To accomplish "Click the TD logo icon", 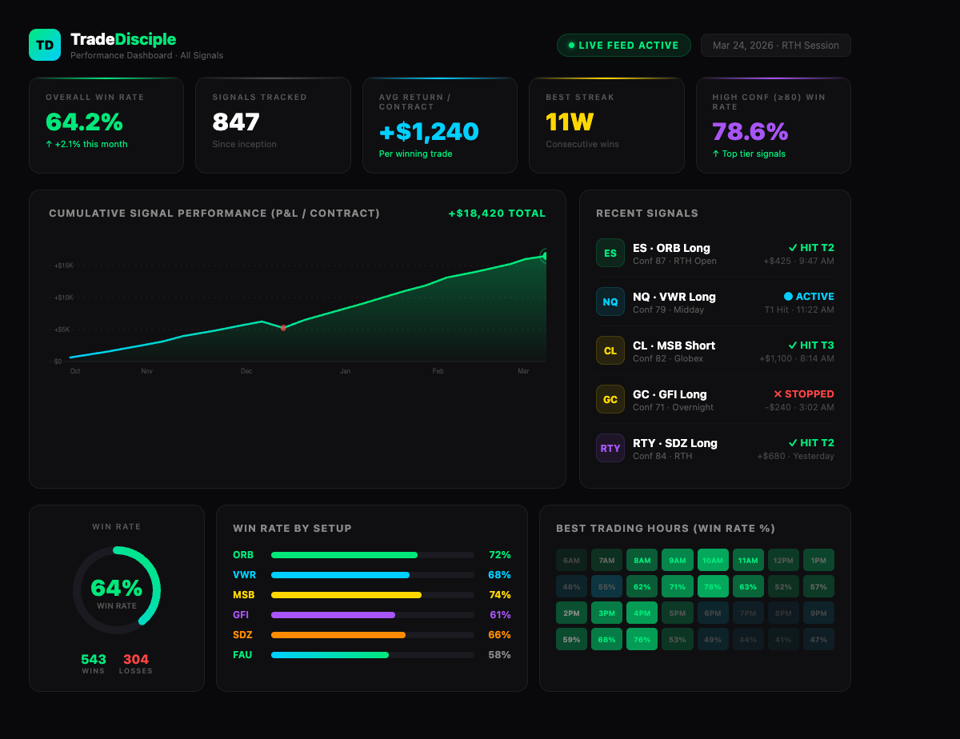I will pos(45,45).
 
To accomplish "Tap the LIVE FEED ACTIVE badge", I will pos(623,46).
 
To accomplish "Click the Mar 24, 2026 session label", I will pos(775,46).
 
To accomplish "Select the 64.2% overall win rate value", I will pos(84,122).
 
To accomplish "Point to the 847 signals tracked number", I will pos(236,122).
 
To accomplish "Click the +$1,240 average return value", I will pos(429,131).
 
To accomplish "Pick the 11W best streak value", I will pos(569,122).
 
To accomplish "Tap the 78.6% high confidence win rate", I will pos(750,131).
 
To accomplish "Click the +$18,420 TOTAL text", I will pos(497,214).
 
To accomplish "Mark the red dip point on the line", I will pos(283,328).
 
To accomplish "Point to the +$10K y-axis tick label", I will pos(64,298).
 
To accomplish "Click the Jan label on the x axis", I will pos(345,371).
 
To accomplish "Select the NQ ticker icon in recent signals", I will pos(610,302).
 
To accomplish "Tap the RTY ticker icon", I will pos(610,449).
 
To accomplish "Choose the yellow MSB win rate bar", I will pos(346,595).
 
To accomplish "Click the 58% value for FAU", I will pos(499,655).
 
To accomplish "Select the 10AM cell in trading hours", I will pos(713,561).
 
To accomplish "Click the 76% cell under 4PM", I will pos(642,639).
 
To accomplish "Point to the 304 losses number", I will pos(135,660).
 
